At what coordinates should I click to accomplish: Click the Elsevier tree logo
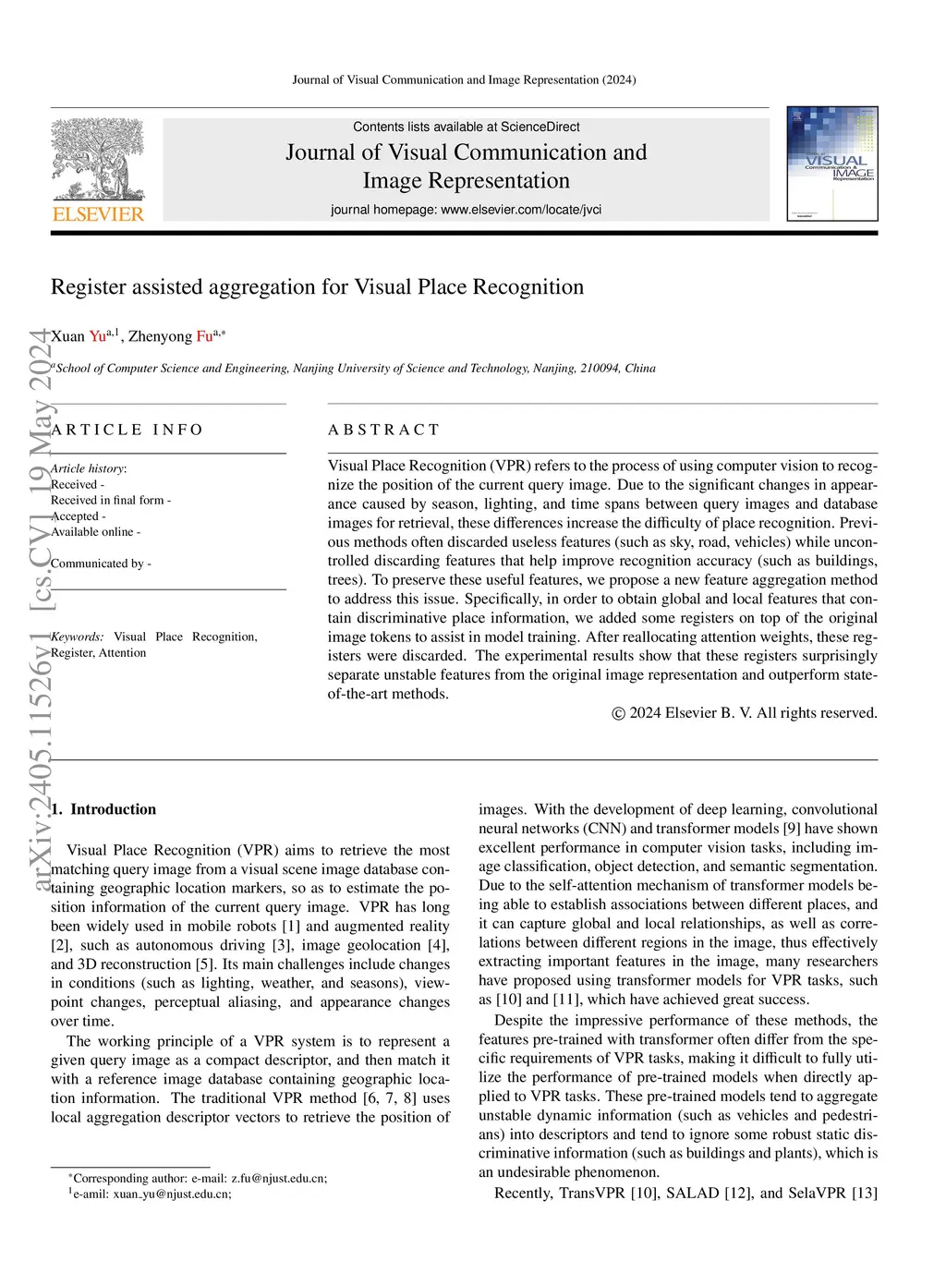click(98, 159)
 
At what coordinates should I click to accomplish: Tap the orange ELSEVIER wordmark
click(98, 214)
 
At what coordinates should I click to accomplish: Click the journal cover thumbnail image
click(831, 164)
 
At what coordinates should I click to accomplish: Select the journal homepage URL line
click(466, 210)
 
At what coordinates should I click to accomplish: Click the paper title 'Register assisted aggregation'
click(317, 287)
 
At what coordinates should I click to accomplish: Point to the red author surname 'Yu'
click(98, 336)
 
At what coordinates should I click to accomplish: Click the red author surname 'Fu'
click(204, 336)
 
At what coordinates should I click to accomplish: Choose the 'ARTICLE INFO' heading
click(127, 430)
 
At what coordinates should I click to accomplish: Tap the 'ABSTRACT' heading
click(383, 430)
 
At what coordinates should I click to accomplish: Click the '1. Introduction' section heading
click(103, 809)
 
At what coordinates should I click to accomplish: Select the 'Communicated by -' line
click(101, 564)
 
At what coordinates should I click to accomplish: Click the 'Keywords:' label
click(78, 637)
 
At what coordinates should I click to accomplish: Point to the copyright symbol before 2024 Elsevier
click(619, 713)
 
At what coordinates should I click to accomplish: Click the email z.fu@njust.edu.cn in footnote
click(278, 1178)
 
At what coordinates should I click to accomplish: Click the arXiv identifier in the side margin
click(39, 610)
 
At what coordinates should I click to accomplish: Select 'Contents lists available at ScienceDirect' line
click(466, 127)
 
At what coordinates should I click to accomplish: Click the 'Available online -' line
click(95, 532)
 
